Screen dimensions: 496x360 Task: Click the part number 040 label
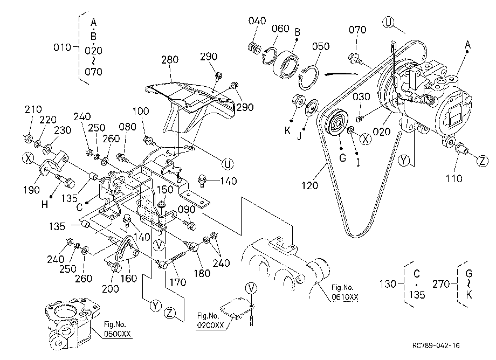click(257, 21)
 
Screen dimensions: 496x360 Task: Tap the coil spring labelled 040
click(254, 48)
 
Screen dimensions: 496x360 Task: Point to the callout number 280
click(170, 59)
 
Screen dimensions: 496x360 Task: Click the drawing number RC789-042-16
click(436, 345)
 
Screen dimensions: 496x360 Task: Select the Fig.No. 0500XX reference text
click(117, 329)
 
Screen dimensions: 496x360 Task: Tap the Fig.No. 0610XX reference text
click(345, 292)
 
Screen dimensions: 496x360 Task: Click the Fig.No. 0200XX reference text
click(210, 321)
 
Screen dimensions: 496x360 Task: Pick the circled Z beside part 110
click(483, 161)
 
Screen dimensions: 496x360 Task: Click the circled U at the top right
click(388, 23)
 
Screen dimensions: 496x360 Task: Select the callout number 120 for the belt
click(309, 185)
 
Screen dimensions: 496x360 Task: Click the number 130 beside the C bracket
click(388, 284)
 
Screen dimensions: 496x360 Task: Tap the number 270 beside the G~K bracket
click(441, 284)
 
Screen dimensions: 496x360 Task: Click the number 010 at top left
click(62, 47)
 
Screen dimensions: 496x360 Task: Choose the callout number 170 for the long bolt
click(178, 282)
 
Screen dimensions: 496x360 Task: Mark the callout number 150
click(165, 189)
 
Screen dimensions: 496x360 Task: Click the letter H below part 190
click(45, 204)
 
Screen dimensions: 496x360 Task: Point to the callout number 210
click(33, 109)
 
